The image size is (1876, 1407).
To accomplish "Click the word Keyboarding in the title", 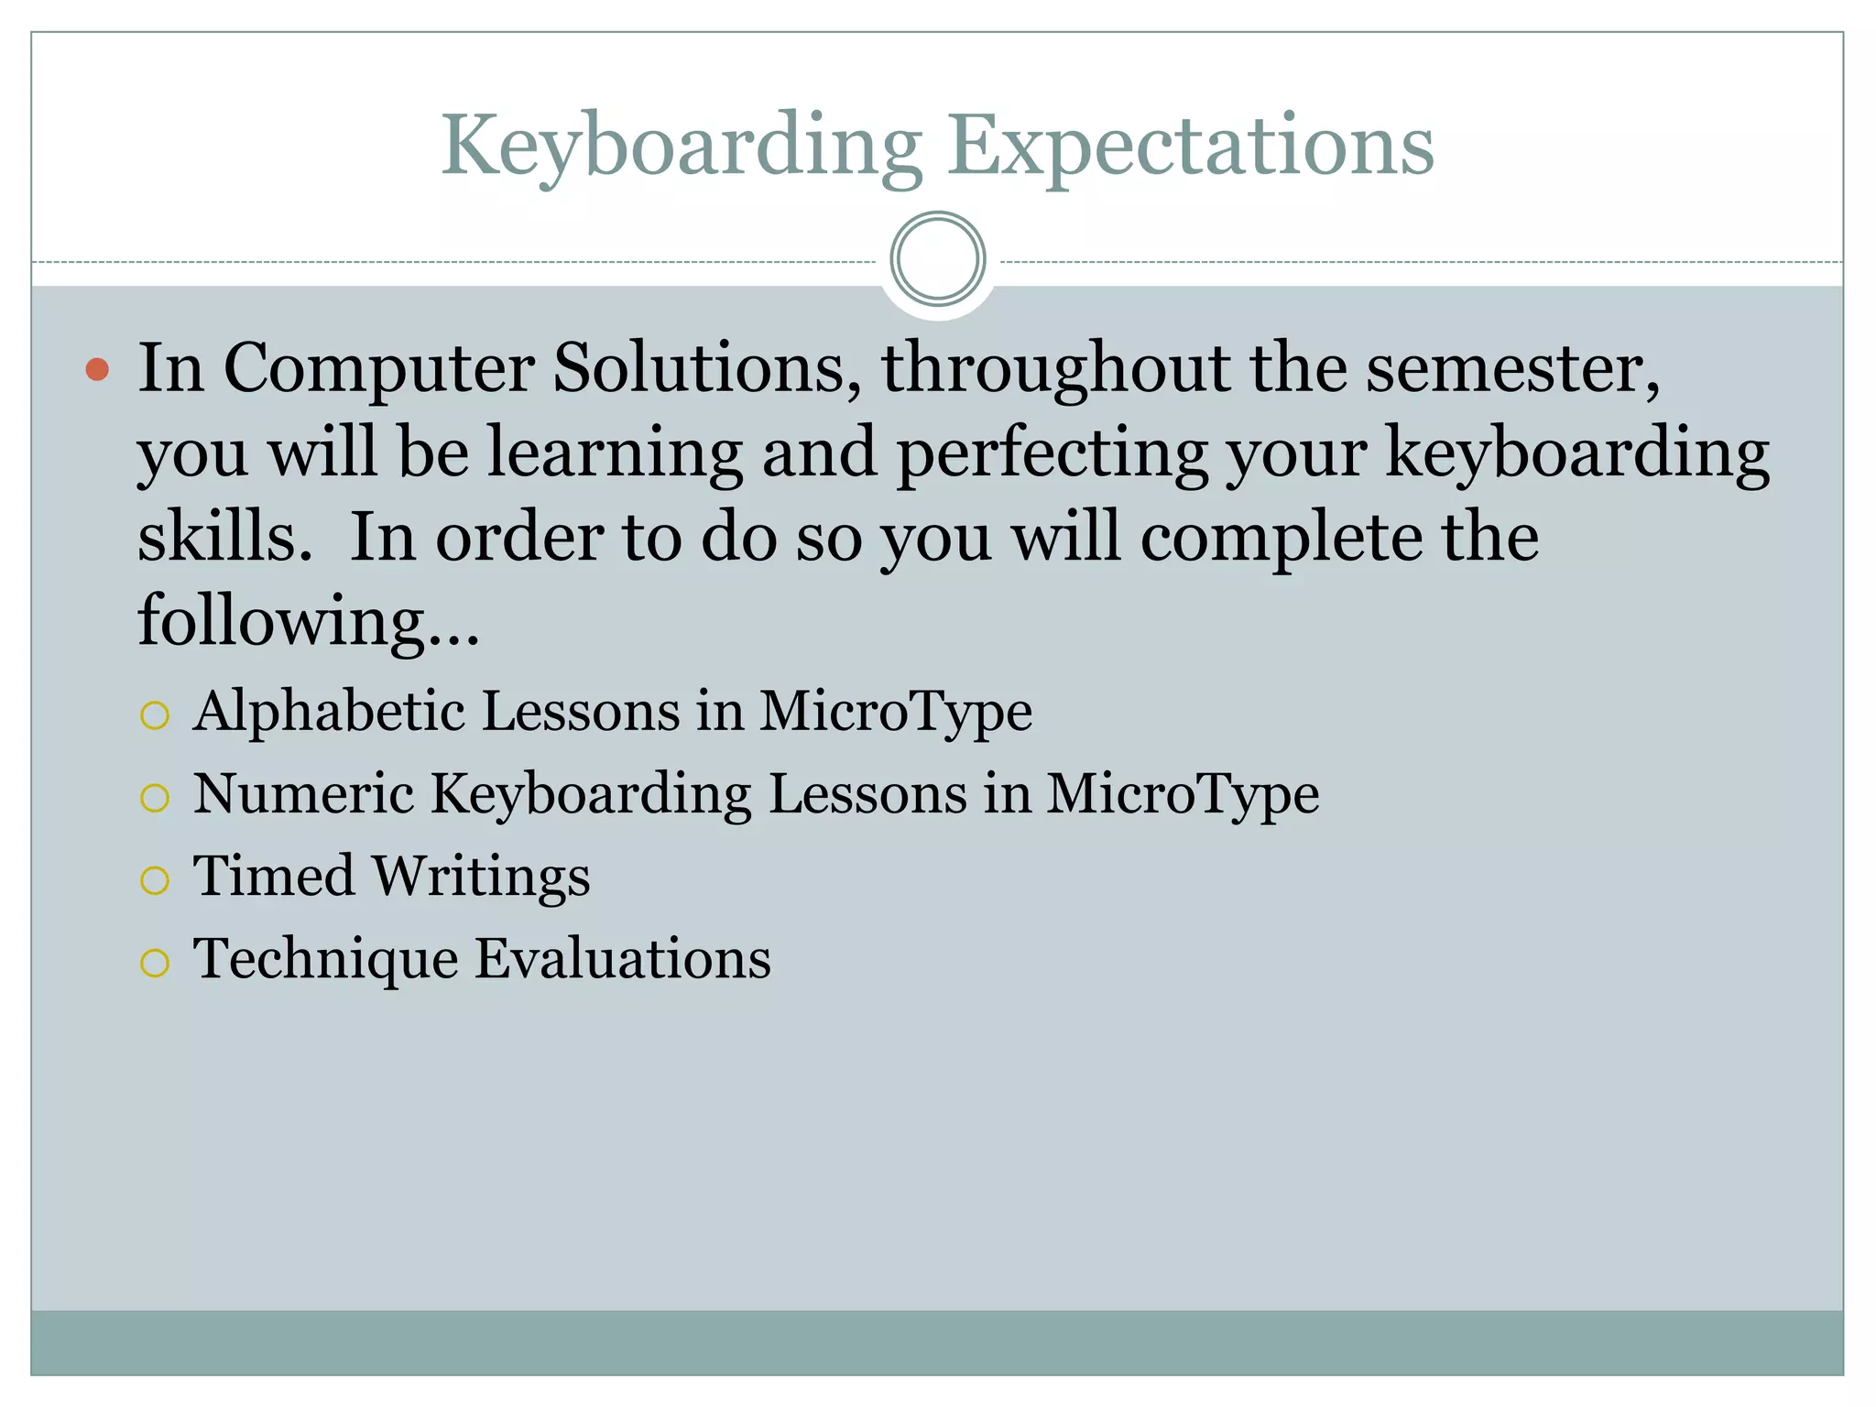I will click(682, 147).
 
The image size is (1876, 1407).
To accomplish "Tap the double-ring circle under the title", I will click(937, 259).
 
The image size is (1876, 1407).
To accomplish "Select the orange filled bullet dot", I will click(97, 369).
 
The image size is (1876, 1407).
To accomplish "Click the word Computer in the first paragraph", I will click(378, 369).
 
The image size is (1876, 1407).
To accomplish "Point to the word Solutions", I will click(706, 367).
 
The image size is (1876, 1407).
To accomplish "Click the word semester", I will click(1512, 369).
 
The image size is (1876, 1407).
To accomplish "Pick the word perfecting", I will click(1052, 453).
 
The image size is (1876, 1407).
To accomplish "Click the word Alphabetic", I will click(329, 712).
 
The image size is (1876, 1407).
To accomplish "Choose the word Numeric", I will click(303, 793).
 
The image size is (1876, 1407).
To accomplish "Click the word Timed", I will click(273, 876).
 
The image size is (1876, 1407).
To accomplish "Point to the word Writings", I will click(482, 878).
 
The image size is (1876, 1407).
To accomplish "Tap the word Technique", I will click(325, 960).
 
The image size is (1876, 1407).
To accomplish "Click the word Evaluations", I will click(623, 959).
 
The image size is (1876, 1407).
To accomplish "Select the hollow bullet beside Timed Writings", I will click(155, 880).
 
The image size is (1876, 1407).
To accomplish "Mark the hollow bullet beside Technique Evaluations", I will click(155, 963).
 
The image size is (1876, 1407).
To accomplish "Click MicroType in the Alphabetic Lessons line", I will click(895, 712).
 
